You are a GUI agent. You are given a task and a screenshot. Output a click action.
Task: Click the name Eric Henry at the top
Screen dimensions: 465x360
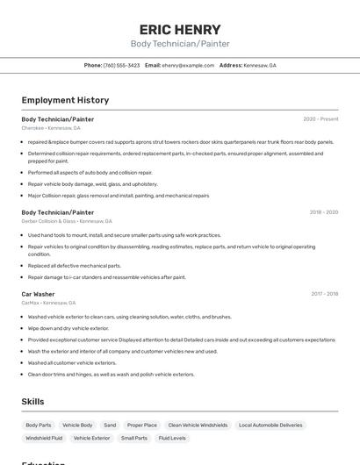179,29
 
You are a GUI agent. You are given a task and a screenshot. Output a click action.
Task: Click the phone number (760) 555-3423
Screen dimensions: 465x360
121,65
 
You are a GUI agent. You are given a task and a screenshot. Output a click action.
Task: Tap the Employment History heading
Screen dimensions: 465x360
65,100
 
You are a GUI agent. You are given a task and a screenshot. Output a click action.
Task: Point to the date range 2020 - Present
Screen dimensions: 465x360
320,118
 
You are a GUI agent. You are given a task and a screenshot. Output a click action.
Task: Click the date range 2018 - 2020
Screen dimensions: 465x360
323,212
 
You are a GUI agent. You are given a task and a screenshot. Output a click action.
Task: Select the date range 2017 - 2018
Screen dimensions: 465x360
324,294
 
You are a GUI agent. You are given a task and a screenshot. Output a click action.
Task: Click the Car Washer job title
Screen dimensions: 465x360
38,294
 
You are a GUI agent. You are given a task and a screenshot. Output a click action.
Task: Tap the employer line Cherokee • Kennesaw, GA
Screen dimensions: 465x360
51,128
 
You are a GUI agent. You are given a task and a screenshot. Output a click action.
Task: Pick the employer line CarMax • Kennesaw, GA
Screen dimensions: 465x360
50,303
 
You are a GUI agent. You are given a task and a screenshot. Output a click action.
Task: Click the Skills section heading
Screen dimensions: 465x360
32,402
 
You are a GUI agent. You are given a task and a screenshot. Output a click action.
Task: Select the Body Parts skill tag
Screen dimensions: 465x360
39,425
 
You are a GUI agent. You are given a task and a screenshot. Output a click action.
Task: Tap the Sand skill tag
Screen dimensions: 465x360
110,425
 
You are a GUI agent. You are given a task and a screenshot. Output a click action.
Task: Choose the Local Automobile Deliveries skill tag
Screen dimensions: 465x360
270,425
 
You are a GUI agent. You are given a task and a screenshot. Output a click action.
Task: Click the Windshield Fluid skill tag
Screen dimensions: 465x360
44,438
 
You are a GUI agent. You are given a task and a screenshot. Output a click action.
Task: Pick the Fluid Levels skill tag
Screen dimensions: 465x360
172,438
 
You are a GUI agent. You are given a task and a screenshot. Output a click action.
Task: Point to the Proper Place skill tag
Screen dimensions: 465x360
142,425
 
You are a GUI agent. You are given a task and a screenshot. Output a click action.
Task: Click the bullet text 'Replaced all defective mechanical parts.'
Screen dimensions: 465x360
75,265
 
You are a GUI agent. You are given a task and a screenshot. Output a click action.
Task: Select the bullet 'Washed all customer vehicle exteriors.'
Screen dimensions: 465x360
72,362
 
